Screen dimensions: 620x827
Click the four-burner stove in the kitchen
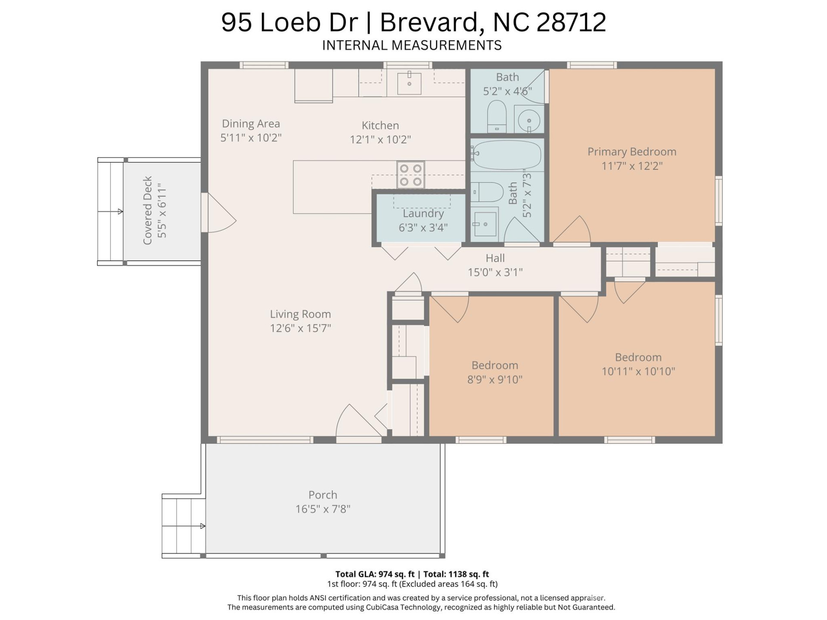tap(410, 175)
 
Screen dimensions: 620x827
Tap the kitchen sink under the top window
tap(409, 83)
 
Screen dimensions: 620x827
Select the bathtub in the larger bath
tap(507, 154)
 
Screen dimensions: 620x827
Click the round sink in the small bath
tap(529, 119)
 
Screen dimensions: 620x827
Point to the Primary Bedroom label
tap(631, 152)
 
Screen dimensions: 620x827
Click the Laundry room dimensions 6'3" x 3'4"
tap(423, 227)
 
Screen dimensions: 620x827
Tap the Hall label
tap(495, 258)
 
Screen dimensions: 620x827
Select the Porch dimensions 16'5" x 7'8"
tap(323, 509)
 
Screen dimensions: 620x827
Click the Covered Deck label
tap(148, 210)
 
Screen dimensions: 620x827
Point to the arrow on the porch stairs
tap(202, 526)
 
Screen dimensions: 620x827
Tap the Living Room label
tap(300, 314)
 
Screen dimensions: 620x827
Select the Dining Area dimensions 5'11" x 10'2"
tap(251, 138)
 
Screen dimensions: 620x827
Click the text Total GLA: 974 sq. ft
tap(374, 574)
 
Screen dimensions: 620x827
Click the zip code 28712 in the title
tap(571, 22)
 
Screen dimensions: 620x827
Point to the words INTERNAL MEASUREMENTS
tap(412, 45)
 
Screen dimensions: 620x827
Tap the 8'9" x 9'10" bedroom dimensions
tap(494, 379)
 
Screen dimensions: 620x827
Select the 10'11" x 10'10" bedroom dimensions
tap(638, 371)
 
